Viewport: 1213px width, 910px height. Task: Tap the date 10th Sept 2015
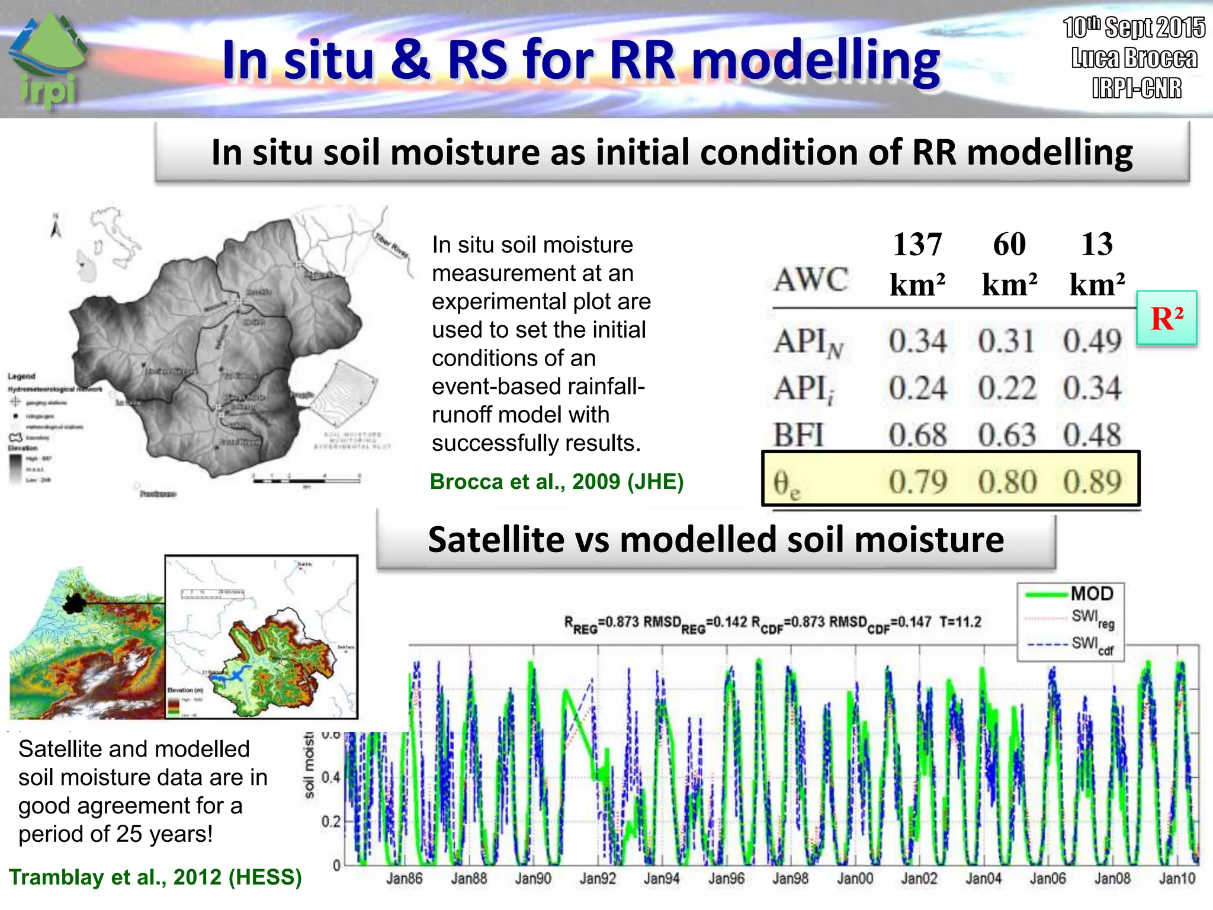[1134, 28]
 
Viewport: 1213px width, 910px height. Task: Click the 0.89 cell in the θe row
[1092, 482]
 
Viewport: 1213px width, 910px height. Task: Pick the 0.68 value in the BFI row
[917, 435]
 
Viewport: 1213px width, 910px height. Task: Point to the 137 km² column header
[917, 264]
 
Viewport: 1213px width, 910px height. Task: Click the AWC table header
[811, 280]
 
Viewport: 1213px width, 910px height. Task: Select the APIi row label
[804, 390]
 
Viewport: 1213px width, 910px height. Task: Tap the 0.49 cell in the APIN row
[1092, 341]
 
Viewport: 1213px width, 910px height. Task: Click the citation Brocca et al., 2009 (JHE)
[556, 482]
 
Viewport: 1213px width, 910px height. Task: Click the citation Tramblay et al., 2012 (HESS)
[155, 877]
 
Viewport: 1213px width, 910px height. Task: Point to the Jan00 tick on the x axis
[855, 879]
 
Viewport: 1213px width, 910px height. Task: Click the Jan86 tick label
[404, 879]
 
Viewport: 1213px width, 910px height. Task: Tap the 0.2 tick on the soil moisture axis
[330, 822]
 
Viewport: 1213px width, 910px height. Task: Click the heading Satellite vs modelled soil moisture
[715, 540]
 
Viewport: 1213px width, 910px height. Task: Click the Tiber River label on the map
[391, 245]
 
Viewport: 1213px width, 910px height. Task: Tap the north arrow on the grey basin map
[56, 227]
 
